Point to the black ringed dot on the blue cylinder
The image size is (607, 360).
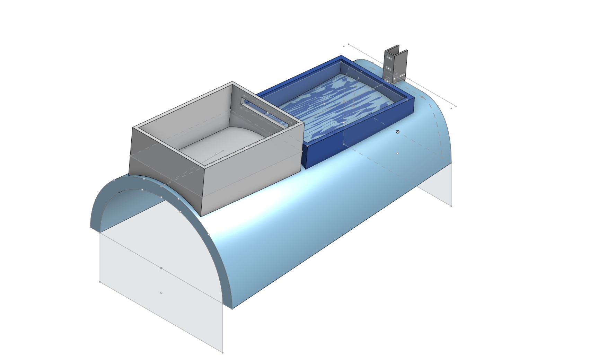tap(397, 132)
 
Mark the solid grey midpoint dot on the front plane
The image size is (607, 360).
tap(161, 268)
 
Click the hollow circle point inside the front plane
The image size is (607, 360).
tap(161, 293)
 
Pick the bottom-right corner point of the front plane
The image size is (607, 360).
tap(222, 353)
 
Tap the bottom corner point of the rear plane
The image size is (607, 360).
tap(451, 206)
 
